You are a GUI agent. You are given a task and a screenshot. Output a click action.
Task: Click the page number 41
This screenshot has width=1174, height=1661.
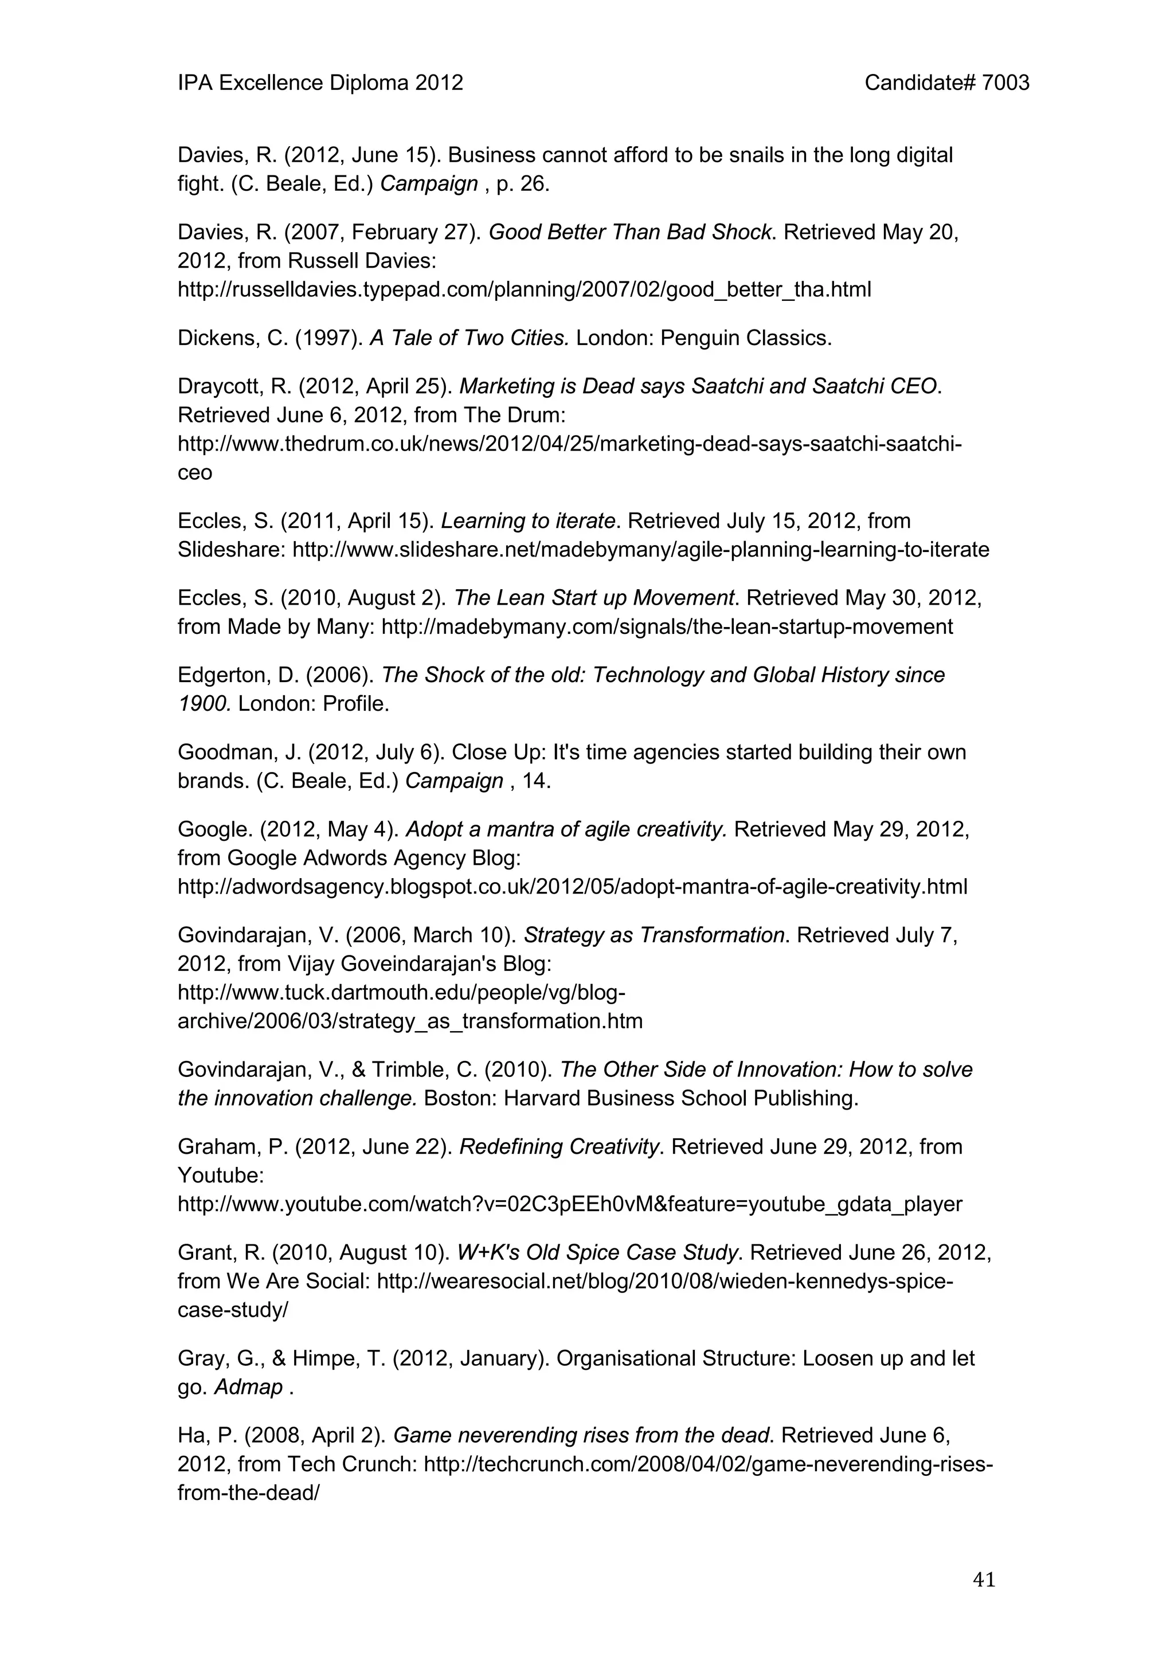(x=984, y=1580)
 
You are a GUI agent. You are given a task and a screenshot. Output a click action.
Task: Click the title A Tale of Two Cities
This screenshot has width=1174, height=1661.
(x=469, y=338)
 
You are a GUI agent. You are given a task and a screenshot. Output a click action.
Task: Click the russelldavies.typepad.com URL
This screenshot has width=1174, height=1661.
(x=525, y=289)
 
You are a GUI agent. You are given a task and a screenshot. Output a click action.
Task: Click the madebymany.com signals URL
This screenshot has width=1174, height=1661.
(x=667, y=626)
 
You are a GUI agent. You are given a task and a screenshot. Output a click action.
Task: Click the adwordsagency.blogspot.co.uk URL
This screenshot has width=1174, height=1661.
(x=572, y=887)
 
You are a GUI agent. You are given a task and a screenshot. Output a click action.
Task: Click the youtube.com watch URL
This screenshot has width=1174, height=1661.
(x=570, y=1205)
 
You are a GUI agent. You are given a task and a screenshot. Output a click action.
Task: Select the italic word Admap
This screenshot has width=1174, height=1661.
(x=248, y=1387)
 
